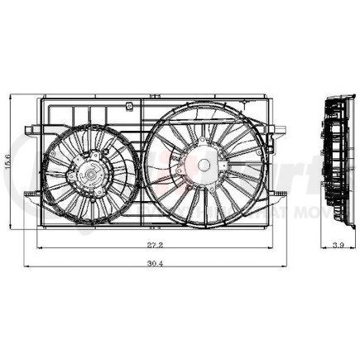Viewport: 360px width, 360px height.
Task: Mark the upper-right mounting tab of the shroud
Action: point(278,128)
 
